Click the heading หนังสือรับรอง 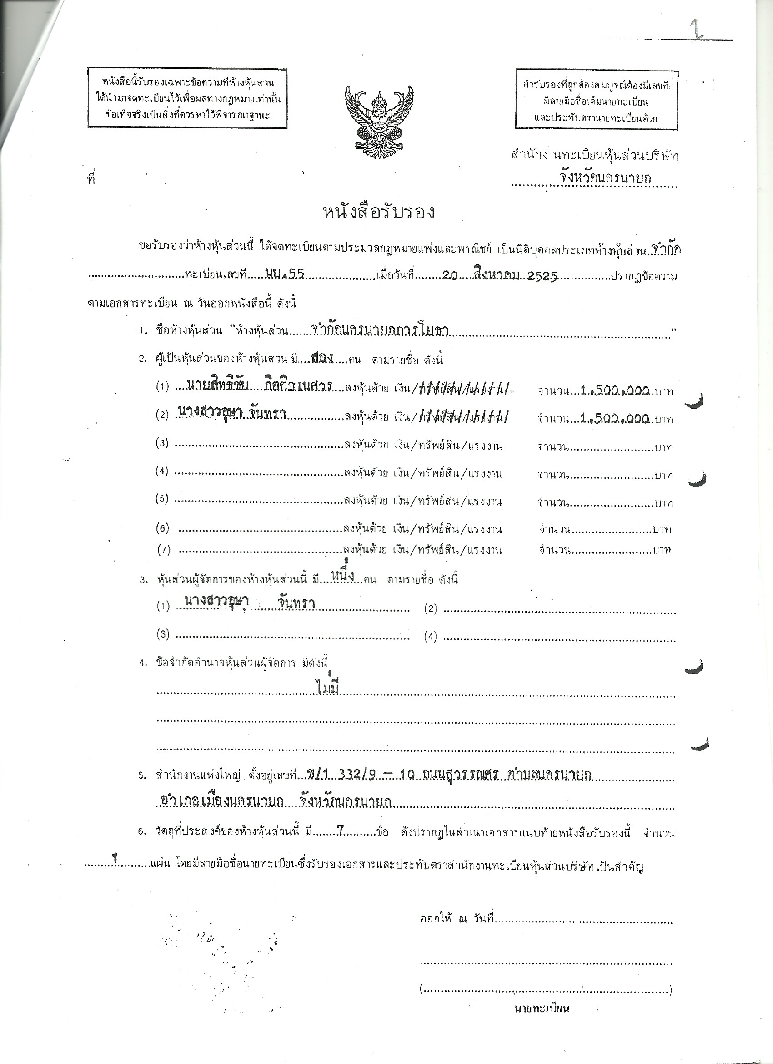point(379,213)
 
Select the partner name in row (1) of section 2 point(259,386)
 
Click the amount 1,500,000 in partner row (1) point(615,390)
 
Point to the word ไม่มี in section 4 point(328,688)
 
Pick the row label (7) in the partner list point(164,549)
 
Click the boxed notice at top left point(187,98)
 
